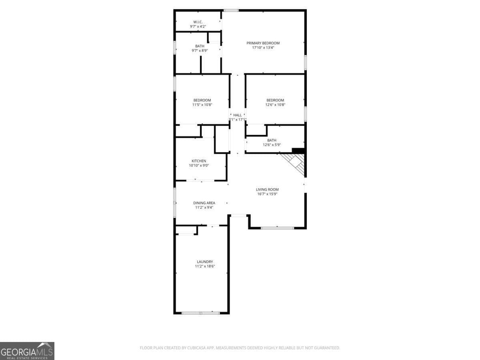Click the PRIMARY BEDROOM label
(263, 43)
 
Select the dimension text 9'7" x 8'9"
(200, 50)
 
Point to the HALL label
(238, 115)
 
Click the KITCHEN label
(199, 161)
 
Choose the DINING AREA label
(204, 203)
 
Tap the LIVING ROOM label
(267, 189)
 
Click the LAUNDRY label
(205, 262)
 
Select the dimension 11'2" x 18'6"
(205, 266)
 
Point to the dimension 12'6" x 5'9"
(272, 145)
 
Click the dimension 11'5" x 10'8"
(202, 105)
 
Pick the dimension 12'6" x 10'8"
(275, 105)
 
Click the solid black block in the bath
(298, 151)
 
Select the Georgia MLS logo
(27, 351)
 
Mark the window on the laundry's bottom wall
(201, 313)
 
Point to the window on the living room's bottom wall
(277, 228)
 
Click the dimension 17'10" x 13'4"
(263, 48)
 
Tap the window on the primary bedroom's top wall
(231, 10)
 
